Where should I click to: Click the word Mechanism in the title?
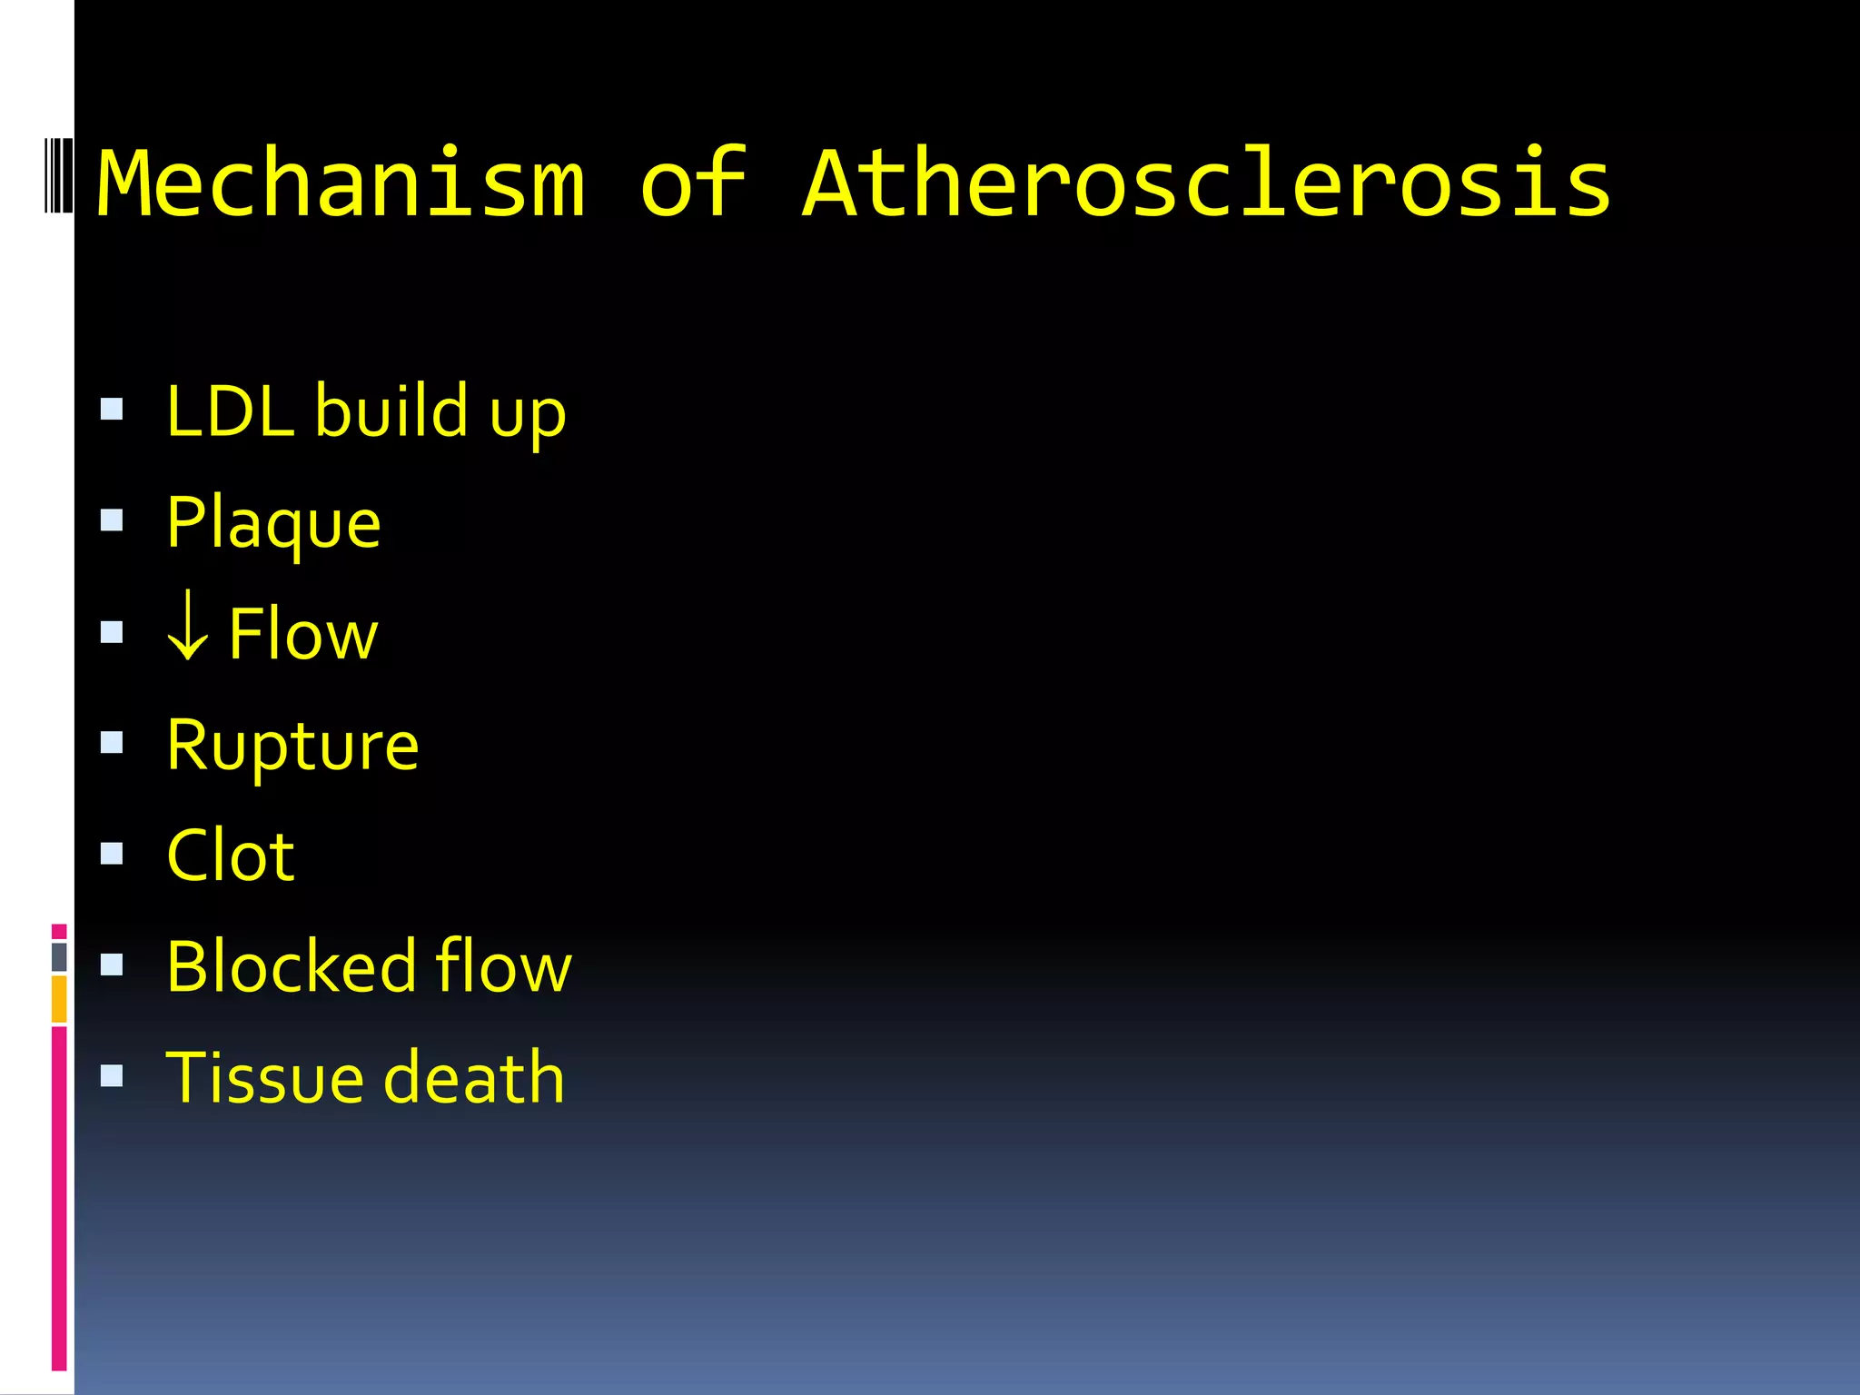341,183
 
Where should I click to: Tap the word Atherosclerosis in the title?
1207,183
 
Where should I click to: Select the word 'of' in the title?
693,183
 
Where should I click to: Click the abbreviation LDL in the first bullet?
231,411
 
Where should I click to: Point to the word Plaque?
273,524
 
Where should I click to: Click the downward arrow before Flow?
188,627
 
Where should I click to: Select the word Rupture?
292,746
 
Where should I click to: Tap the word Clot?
231,856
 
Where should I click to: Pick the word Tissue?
264,1077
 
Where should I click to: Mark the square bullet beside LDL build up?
112,410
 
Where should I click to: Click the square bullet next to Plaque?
112,520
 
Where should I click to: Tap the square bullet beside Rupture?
112,743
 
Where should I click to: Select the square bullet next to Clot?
112,854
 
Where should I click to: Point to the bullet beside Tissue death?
112,1076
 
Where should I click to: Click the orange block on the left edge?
59,999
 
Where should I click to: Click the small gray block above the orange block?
59,956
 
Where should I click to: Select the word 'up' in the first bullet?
528,415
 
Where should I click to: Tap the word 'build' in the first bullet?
391,411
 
